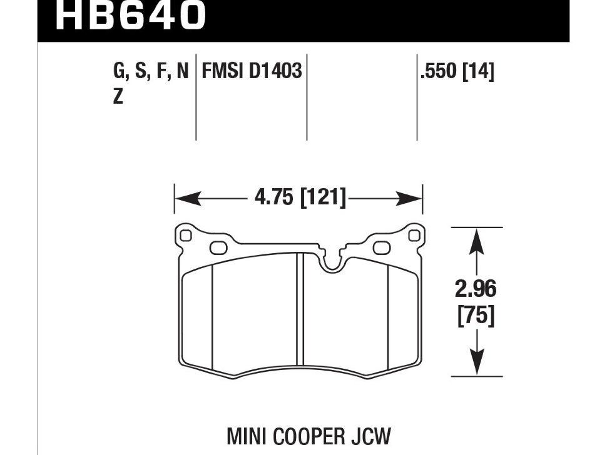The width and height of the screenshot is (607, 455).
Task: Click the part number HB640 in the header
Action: click(x=130, y=16)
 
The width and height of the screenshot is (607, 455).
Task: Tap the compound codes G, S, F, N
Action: click(x=151, y=71)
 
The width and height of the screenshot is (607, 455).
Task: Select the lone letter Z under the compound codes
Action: click(x=118, y=98)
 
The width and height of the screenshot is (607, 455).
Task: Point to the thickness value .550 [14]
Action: click(x=457, y=71)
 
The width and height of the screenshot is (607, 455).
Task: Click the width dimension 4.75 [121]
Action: click(x=300, y=199)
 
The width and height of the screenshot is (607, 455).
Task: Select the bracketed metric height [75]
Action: click(x=477, y=316)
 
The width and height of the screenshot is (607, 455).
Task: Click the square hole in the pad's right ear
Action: click(x=412, y=235)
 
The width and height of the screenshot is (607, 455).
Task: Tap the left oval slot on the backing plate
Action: click(x=218, y=248)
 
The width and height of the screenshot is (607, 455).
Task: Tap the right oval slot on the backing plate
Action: click(x=381, y=248)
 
